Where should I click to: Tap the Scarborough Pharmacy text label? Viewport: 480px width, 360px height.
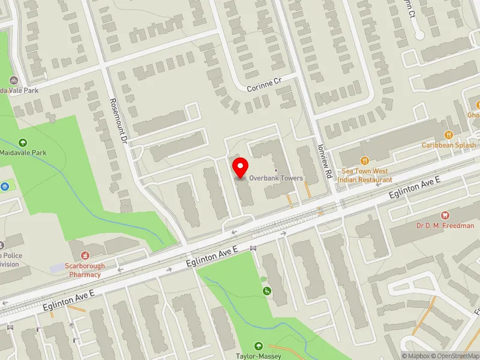pyautogui.click(x=84, y=270)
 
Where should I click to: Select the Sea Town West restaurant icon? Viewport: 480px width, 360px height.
pyautogui.click(x=364, y=160)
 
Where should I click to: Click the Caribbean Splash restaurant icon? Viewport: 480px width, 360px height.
pyautogui.click(x=448, y=134)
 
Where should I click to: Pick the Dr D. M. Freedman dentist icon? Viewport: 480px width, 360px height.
pyautogui.click(x=444, y=215)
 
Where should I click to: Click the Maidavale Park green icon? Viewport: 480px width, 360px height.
pyautogui.click(x=23, y=142)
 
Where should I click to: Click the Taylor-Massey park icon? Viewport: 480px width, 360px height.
pyautogui.click(x=259, y=346)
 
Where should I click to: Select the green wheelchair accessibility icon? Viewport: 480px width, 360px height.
pyautogui.click(x=267, y=291)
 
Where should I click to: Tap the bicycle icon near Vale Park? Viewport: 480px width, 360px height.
pyautogui.click(x=13, y=80)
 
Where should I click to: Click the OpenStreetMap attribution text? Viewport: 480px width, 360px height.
pyautogui.click(x=455, y=356)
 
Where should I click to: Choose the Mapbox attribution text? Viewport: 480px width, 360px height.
pyautogui.click(x=415, y=356)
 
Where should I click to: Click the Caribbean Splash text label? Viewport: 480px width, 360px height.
pyautogui.click(x=448, y=145)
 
